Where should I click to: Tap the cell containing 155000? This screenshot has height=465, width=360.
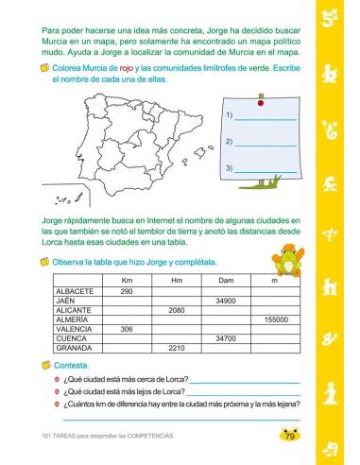coord(275,319)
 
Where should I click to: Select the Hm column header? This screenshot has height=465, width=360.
coord(176,282)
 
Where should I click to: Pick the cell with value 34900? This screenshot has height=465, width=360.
coord(226,301)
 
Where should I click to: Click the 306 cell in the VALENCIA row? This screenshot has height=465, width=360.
coord(127,329)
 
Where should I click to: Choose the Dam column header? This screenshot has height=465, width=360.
coord(226,282)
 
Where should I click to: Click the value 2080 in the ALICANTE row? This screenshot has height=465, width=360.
coord(176,310)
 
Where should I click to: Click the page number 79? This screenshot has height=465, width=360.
coord(289,435)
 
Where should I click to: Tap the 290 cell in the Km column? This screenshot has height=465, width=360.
coord(127,291)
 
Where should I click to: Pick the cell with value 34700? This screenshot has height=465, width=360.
coord(226,338)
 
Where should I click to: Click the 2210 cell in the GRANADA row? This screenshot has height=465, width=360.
coord(176,348)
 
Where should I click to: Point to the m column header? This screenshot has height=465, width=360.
coord(275,282)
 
